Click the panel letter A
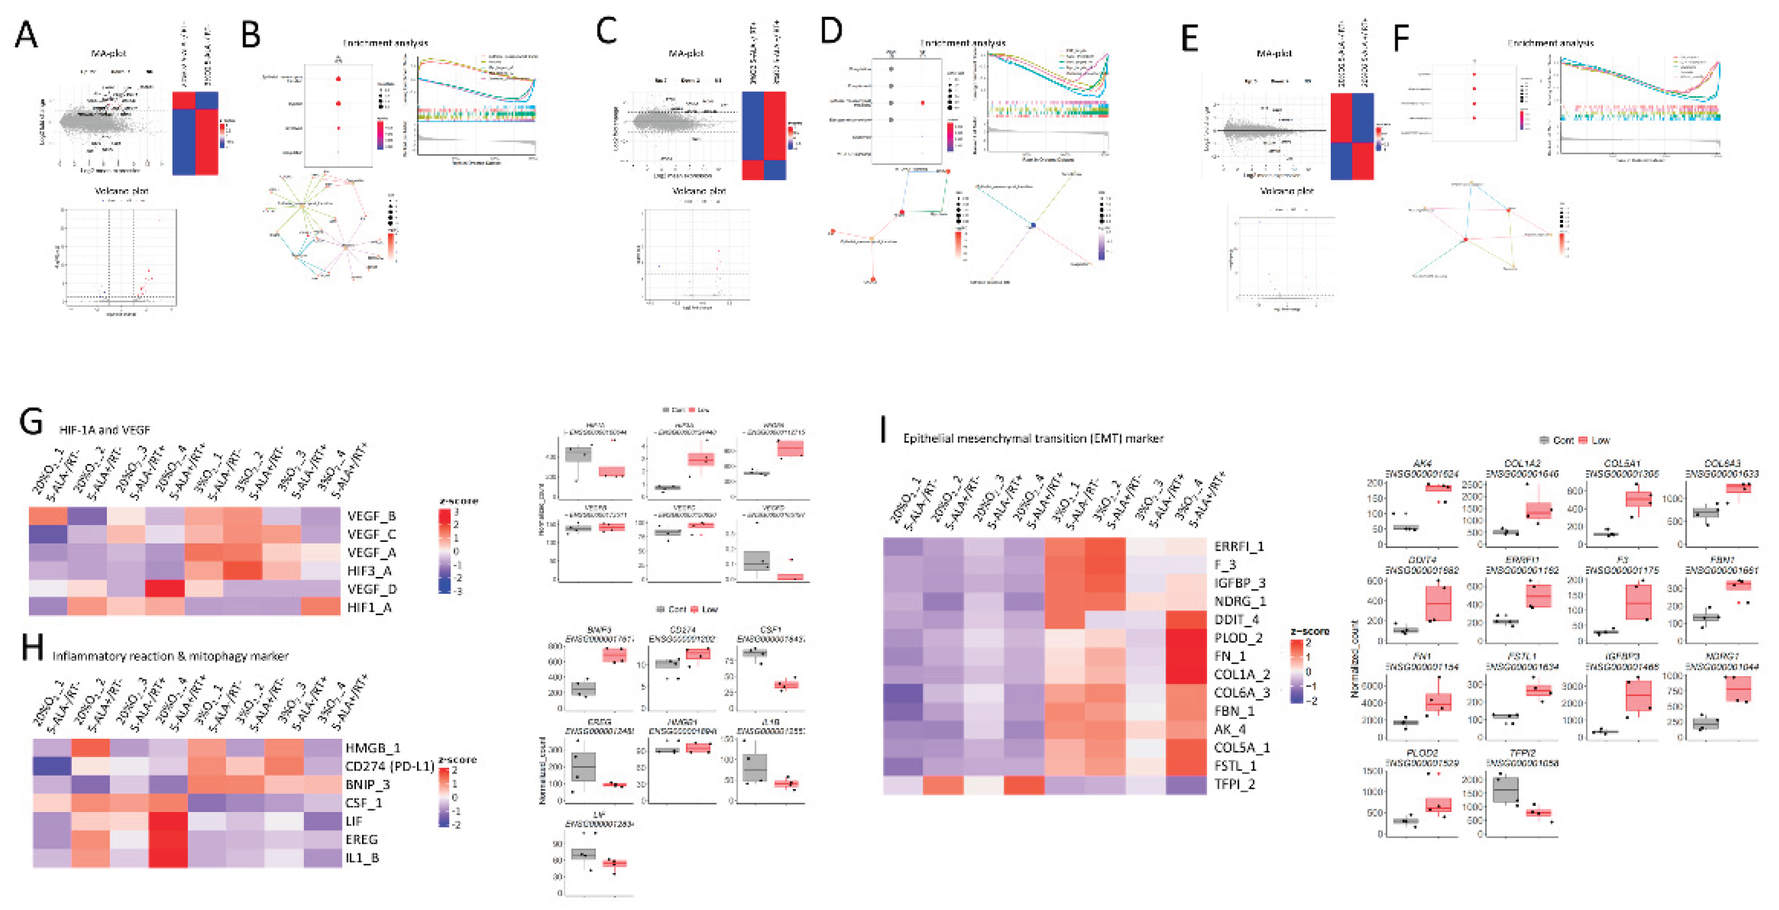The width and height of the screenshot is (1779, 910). point(26,35)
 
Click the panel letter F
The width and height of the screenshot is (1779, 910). point(1401,37)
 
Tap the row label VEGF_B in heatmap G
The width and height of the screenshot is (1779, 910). point(371,516)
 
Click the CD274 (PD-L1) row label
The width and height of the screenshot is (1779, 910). point(389,766)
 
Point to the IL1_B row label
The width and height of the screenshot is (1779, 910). point(362,857)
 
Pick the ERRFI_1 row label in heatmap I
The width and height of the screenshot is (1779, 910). point(1238,546)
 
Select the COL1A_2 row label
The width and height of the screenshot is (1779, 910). point(1242,674)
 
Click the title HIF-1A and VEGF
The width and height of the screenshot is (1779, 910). point(104,429)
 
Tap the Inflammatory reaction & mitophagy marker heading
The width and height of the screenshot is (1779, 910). point(170,655)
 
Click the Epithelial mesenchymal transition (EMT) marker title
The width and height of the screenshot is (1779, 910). point(1033,438)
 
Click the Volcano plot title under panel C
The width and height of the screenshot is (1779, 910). point(699,190)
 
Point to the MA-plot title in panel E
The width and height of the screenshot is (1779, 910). point(1274,53)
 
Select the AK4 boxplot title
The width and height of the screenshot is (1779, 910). point(1422,463)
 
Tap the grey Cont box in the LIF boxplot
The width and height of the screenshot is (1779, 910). point(584,854)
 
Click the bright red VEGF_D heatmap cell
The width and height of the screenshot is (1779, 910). point(165,589)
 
